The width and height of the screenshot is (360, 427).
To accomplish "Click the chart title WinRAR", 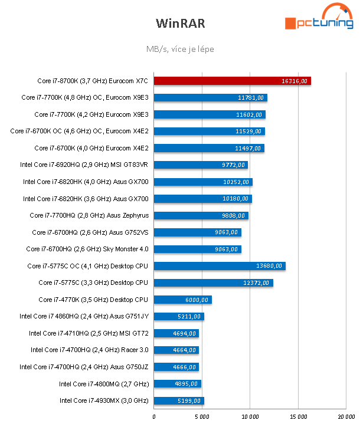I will [x=179, y=23].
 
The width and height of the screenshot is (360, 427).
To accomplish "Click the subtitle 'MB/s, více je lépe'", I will [x=179, y=49].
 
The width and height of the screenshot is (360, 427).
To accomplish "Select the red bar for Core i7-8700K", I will [x=232, y=81].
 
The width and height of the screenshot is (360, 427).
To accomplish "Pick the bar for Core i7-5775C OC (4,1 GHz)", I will [x=219, y=266].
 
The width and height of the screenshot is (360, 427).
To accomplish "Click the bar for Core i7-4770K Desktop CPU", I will [x=182, y=300].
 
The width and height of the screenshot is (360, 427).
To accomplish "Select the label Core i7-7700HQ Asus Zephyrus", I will [x=89, y=215].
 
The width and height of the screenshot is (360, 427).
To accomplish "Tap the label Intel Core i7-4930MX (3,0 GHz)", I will [x=103, y=400].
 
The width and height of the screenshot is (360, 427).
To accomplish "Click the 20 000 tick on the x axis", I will [x=346, y=417].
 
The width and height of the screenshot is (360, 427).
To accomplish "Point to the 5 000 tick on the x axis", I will [x=202, y=417].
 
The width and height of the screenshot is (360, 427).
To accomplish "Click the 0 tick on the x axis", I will [x=154, y=417].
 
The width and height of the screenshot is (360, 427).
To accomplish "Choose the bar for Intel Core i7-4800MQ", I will [x=177, y=384].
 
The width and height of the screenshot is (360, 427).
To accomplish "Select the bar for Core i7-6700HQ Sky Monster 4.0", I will [x=197, y=249].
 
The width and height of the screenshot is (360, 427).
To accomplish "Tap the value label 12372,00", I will [x=258, y=283].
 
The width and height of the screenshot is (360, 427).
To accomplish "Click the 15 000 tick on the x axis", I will [x=298, y=417].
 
